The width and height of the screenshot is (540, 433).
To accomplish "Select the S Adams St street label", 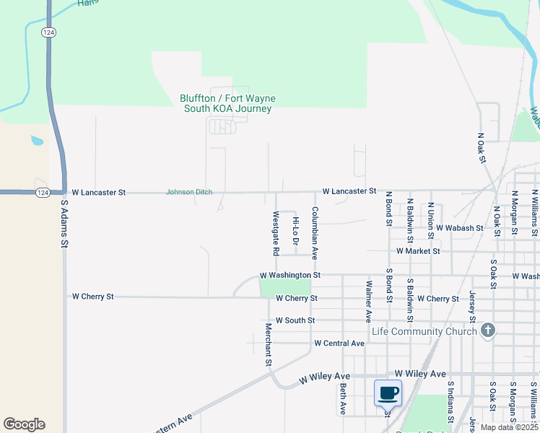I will [64, 224].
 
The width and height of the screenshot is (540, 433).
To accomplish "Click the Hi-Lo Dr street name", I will [295, 229].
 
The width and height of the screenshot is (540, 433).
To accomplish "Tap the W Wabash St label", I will [460, 228].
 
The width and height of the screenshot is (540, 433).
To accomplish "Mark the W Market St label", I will [418, 251].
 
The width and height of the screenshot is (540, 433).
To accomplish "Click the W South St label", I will [295, 320].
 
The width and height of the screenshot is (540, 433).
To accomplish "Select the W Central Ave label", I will [339, 344].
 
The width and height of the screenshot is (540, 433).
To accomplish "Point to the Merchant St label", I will [268, 344].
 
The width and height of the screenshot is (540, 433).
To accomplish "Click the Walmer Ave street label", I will [368, 301].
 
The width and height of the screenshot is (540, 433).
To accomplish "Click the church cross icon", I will [488, 331].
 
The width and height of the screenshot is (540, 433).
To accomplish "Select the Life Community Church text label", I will [424, 331].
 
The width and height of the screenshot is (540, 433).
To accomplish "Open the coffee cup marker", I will [388, 393].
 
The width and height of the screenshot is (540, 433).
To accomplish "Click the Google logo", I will [24, 424].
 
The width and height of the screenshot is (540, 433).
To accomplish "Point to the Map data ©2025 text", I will [510, 427].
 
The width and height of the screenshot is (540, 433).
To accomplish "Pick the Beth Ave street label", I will [343, 398].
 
